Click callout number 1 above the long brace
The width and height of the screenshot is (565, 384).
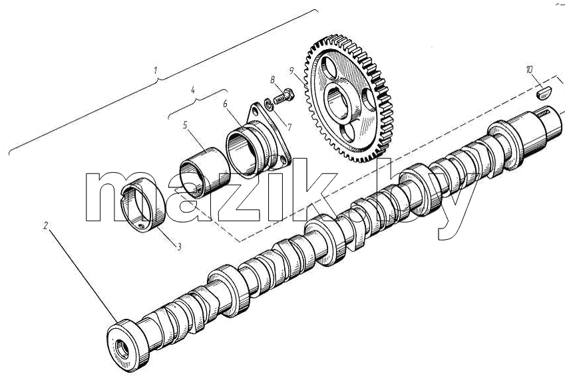coord(156,70)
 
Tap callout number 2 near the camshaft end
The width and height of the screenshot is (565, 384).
coord(45,226)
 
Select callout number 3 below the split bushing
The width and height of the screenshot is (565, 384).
coord(179,246)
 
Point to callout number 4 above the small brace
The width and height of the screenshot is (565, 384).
coord(193,90)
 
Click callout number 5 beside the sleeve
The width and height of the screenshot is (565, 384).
coord(185,126)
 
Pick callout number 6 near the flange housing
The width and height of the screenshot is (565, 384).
coord(225,104)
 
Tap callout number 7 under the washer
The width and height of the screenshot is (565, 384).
coord(289,128)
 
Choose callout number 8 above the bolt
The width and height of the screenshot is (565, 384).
coord(273,79)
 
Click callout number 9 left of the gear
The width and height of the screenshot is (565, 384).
coord(291,70)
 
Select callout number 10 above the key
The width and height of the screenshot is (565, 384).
coord(529,70)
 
